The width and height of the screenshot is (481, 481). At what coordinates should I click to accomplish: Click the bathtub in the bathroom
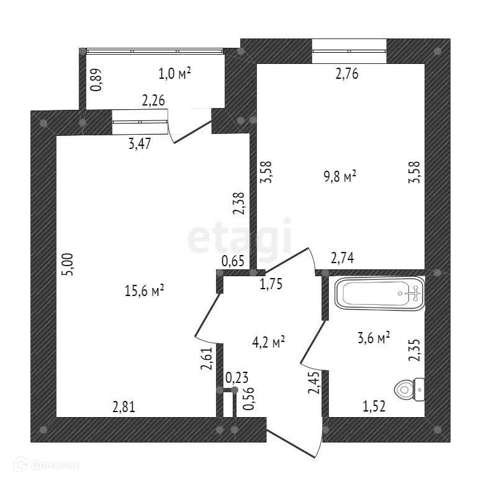(379, 293)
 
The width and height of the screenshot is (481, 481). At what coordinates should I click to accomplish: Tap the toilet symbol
(409, 389)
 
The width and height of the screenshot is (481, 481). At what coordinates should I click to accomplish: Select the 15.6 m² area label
(144, 290)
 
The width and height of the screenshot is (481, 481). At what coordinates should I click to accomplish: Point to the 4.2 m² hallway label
(269, 341)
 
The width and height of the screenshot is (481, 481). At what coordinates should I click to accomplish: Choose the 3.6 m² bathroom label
(374, 338)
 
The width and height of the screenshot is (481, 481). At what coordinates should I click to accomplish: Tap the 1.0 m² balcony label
(174, 74)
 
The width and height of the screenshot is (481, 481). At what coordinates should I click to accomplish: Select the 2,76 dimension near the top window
(348, 75)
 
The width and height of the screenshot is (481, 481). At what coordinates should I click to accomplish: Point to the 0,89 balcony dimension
(97, 80)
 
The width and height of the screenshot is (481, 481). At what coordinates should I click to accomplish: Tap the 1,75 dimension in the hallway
(271, 284)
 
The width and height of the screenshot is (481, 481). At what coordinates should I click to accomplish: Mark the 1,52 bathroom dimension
(374, 407)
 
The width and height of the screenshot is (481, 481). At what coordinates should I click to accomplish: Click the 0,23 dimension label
(235, 377)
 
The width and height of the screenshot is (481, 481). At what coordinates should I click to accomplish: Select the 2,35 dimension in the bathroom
(414, 349)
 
